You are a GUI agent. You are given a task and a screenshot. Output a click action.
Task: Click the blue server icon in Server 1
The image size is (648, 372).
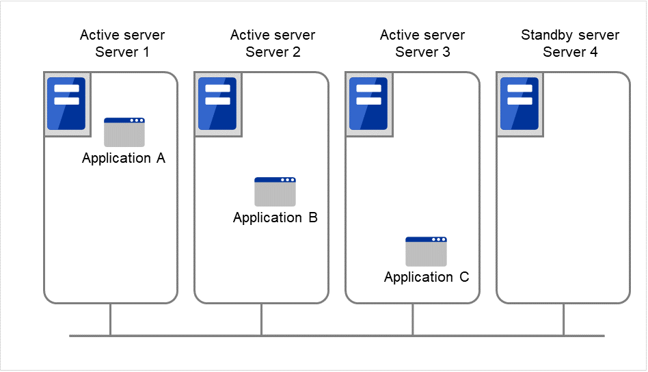[x=66, y=104]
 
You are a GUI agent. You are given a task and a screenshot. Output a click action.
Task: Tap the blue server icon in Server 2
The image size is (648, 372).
[x=217, y=104]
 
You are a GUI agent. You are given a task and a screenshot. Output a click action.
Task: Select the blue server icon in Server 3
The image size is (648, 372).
[x=368, y=104]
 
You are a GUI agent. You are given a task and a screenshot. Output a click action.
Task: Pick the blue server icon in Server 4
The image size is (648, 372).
[x=519, y=104]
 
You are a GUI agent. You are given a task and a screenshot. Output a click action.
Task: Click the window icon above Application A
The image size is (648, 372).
[x=124, y=132]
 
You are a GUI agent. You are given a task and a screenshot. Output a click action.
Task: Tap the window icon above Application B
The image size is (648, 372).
[x=275, y=191]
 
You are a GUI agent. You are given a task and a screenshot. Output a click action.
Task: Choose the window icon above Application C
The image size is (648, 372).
[x=426, y=251]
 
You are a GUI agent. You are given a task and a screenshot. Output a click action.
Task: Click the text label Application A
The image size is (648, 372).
[x=124, y=159]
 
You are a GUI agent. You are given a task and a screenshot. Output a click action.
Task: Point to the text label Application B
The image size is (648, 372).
[x=275, y=218]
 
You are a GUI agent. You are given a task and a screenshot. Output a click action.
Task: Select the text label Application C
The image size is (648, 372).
[x=427, y=278]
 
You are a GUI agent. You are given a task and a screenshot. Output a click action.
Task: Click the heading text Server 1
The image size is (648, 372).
[x=122, y=52]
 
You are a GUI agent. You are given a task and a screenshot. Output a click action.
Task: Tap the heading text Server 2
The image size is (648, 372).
[x=273, y=52]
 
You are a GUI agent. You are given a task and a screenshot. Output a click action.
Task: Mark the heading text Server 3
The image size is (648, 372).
[x=422, y=52]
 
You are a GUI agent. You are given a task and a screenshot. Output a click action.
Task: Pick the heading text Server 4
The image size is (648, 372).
[x=570, y=52]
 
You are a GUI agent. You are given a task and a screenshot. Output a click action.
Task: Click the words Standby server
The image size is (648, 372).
[x=570, y=35]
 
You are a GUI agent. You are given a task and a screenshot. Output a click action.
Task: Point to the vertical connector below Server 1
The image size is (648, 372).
[x=111, y=319]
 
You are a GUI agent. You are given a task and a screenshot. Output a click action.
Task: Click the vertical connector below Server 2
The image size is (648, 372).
[x=262, y=319]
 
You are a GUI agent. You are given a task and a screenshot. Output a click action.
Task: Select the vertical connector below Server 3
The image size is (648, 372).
[x=413, y=319]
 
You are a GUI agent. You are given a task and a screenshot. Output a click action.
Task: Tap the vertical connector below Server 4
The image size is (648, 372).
[x=564, y=319]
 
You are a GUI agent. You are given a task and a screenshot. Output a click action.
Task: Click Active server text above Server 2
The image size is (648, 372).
[x=273, y=35]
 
